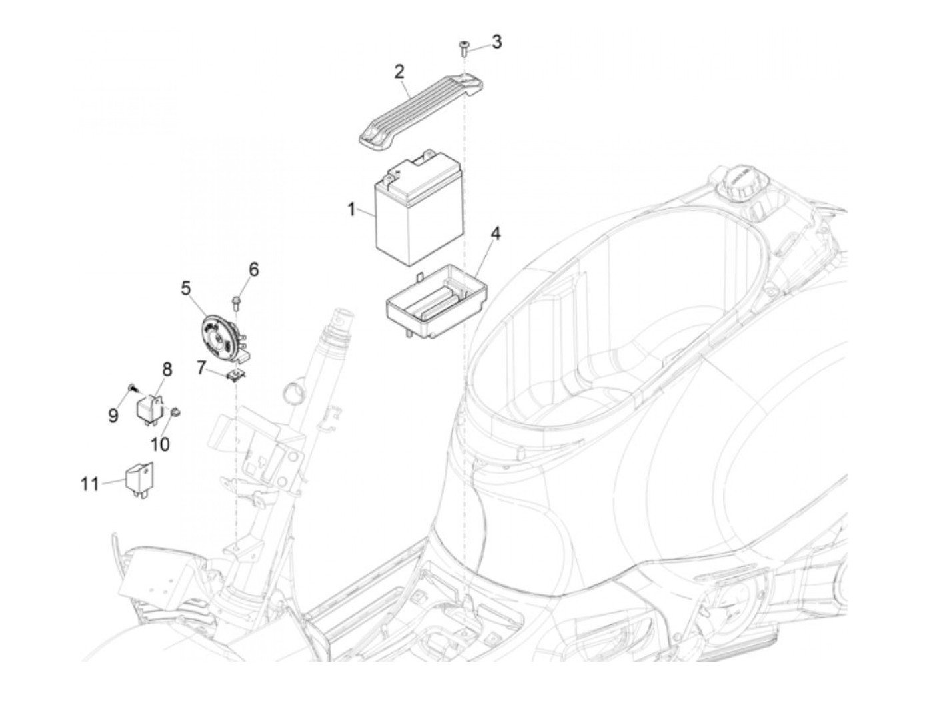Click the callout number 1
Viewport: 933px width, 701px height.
click(351, 209)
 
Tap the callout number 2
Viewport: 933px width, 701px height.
click(399, 71)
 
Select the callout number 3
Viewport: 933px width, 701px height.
click(496, 42)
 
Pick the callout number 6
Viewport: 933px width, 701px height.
click(253, 270)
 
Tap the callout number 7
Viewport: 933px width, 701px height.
click(201, 366)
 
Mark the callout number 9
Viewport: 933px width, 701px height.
click(113, 416)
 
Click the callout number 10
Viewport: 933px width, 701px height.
click(161, 444)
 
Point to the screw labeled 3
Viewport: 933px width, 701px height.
click(463, 47)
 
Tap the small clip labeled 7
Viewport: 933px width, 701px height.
click(235, 375)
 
